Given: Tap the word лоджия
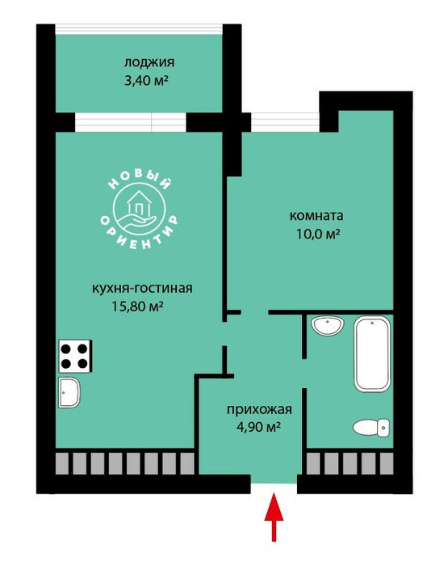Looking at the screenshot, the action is pos(149,63).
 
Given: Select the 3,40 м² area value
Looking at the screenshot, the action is pos(146,81).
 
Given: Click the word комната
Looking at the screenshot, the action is pos(316,216).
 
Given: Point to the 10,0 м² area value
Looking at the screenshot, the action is pos(318,234).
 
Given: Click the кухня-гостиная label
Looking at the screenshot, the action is pos(142,289).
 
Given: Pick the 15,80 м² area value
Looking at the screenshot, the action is pos(138,306).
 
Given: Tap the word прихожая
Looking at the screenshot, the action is pos(259,410).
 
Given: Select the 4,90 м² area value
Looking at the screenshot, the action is pos(259,428).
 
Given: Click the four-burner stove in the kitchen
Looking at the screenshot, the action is pos(74,357).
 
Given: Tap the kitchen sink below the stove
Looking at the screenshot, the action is pos(69,392).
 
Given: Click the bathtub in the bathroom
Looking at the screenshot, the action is pos(372,354).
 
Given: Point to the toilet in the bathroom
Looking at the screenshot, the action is pos(371,428).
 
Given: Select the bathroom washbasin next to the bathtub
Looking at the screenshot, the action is pos(328,326).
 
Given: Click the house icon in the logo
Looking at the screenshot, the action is pos(139,203).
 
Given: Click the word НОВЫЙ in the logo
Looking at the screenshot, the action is pos(139,180).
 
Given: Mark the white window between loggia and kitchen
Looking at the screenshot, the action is pos(130,122).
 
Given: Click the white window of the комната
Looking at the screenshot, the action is pos(285,122).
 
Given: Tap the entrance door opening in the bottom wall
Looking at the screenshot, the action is pos(274,484).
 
